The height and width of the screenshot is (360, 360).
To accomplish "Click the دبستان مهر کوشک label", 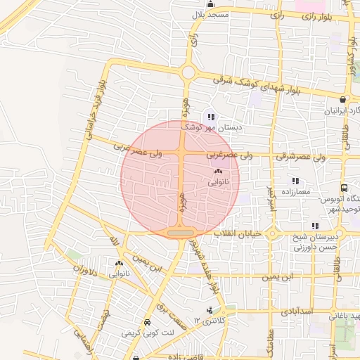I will [211, 128].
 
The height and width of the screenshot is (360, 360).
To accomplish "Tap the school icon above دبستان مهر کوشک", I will [211, 117].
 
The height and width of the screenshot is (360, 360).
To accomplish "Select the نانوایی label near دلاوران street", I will [117, 274].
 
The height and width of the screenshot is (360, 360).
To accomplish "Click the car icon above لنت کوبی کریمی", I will [147, 323].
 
